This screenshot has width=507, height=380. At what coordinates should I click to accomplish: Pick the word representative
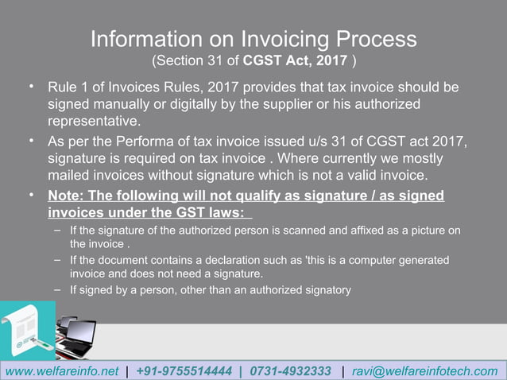[94, 122]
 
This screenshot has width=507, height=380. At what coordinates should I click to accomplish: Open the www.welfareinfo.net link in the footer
[62, 371]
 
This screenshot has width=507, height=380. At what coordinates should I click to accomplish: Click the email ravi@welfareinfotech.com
[424, 371]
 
